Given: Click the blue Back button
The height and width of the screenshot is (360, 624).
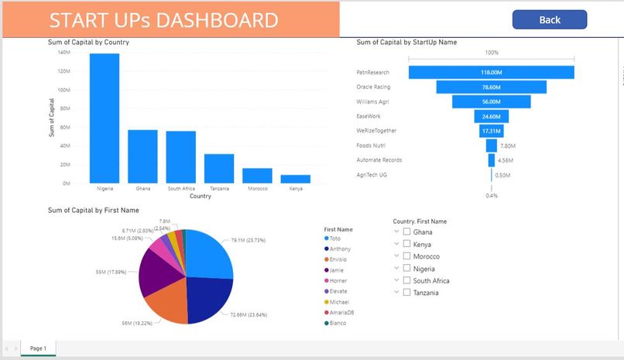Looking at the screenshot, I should click(x=549, y=19).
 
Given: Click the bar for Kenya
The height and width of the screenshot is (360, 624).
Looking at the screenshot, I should click(x=295, y=179).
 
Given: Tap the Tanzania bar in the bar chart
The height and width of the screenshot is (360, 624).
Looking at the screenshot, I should click(x=219, y=168).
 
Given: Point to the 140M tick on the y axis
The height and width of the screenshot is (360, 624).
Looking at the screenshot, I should click(x=64, y=53).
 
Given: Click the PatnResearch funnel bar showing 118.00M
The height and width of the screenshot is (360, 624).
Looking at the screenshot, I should click(x=492, y=72).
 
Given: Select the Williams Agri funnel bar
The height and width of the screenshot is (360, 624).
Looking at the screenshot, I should click(x=492, y=101).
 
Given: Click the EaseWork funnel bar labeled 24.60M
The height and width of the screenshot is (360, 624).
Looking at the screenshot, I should click(x=492, y=116).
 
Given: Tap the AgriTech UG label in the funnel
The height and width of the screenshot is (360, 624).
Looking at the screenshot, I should click(x=372, y=174).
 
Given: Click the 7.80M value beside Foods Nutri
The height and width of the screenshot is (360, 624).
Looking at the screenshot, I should click(x=508, y=146).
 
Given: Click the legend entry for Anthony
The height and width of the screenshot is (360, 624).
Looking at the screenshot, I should click(x=339, y=249).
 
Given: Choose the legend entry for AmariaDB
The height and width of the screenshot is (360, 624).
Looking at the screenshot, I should click(x=341, y=312).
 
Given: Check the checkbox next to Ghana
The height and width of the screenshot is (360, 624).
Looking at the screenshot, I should click(x=406, y=231).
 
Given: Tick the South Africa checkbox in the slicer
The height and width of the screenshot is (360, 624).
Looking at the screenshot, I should click(x=406, y=280).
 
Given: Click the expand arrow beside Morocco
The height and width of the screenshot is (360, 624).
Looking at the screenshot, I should click(x=396, y=255).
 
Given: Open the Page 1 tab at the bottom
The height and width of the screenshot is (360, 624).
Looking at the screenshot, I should click(x=38, y=348).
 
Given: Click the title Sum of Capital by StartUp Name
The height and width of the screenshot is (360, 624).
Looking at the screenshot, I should click(x=406, y=42).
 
